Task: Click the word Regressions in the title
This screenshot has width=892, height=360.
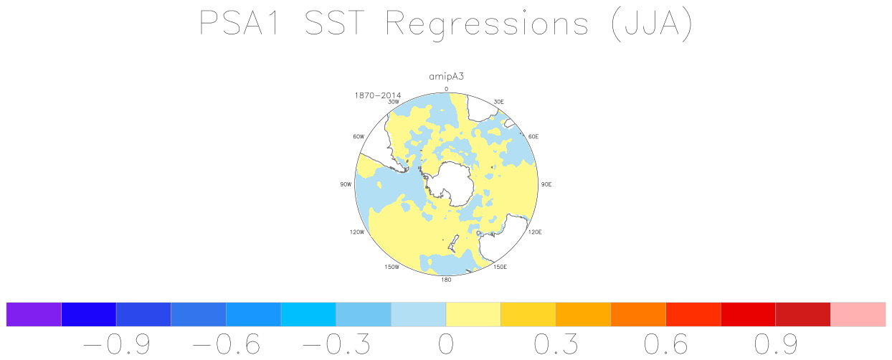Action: pyautogui.click(x=487, y=24)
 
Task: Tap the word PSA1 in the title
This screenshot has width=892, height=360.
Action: pyautogui.click(x=239, y=23)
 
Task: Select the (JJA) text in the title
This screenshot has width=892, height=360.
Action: pyautogui.click(x=652, y=24)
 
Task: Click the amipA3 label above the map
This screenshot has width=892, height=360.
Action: pyautogui.click(x=446, y=77)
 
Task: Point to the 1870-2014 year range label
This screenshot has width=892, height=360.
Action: pyautogui.click(x=377, y=95)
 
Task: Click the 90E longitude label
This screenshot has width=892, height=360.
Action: pyautogui.click(x=546, y=184)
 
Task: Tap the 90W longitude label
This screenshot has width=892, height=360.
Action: pyautogui.click(x=346, y=184)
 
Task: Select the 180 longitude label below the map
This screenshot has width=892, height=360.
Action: pyautogui.click(x=446, y=280)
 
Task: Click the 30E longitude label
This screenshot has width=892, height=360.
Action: pyautogui.click(x=498, y=102)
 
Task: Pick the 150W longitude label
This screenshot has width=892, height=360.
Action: pyautogui.click(x=392, y=267)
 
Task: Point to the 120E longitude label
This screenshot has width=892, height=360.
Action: pyautogui.click(x=535, y=232)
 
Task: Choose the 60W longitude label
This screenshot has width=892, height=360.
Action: pyautogui.click(x=359, y=136)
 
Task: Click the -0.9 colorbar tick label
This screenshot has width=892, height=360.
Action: pyautogui.click(x=116, y=344)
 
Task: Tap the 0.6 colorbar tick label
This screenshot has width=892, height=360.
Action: pyautogui.click(x=666, y=344)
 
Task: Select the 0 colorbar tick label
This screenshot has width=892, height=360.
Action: pyautogui.click(x=446, y=344)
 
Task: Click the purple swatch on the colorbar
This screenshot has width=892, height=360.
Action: pyautogui.click(x=34, y=314)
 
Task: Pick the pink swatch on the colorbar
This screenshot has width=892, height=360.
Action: pyautogui.click(x=858, y=314)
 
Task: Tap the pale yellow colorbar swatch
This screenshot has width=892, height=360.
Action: pyautogui.click(x=473, y=314)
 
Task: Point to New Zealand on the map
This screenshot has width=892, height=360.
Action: pyautogui.click(x=453, y=243)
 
